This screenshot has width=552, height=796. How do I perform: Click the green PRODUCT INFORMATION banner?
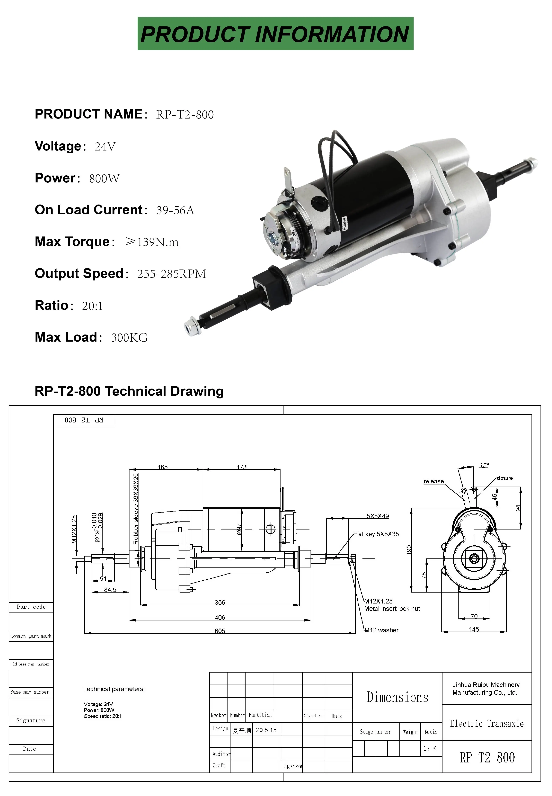pyautogui.click(x=275, y=34)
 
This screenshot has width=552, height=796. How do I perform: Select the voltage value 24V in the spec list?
pyautogui.click(x=105, y=147)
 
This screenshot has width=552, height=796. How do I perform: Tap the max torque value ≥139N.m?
pyautogui.click(x=152, y=242)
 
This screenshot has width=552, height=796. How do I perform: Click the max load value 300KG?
pyautogui.click(x=129, y=338)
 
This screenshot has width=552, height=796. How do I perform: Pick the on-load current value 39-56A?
pyautogui.click(x=175, y=210)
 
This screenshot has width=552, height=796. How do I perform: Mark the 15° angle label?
pyautogui.click(x=484, y=465)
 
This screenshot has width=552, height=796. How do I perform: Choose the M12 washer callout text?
pyautogui.click(x=382, y=630)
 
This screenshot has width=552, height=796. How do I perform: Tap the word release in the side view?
pyautogui.click(x=433, y=481)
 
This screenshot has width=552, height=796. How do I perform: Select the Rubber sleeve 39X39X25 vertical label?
pyautogui.click(x=136, y=508)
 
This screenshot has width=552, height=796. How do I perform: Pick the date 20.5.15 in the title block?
pyautogui.click(x=266, y=730)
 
